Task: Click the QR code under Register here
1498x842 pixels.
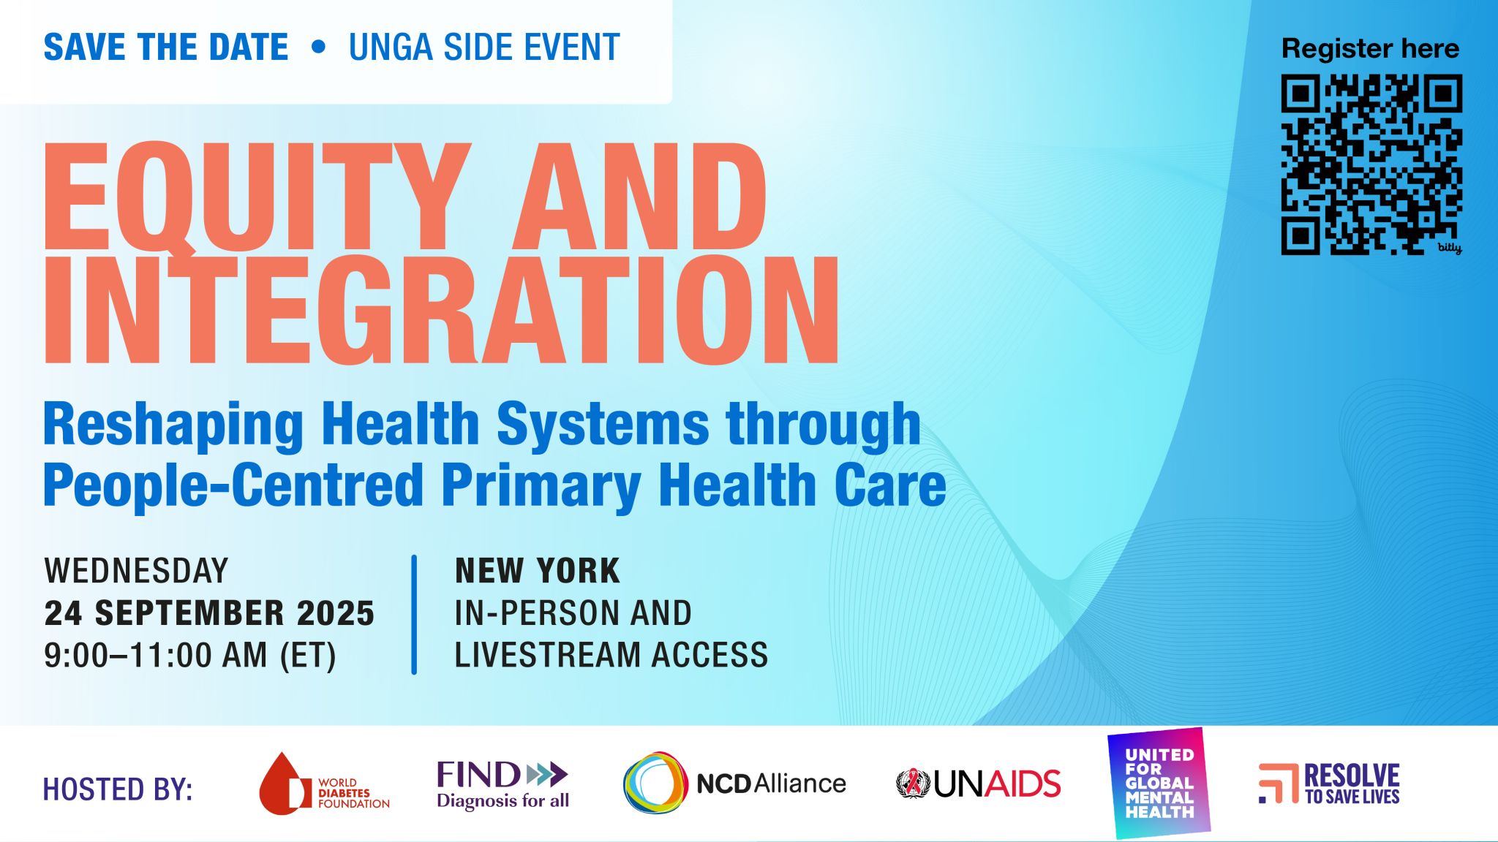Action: click(1371, 164)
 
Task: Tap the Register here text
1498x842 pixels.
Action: click(1370, 49)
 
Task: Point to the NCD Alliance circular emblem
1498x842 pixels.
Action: click(655, 784)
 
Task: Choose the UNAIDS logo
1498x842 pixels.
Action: click(979, 784)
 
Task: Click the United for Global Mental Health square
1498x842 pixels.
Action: click(1159, 783)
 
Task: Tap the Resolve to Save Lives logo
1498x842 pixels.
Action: click(1329, 784)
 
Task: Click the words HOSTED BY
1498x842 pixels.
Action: click(118, 789)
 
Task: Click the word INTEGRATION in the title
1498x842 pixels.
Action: click(442, 310)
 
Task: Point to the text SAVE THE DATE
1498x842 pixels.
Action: click(166, 48)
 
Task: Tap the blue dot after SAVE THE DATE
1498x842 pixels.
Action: click(318, 47)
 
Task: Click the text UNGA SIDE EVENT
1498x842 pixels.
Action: click(484, 48)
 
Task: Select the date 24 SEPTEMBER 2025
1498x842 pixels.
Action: click(209, 612)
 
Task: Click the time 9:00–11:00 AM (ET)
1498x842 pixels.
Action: click(190, 655)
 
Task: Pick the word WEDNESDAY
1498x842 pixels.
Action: click(136, 571)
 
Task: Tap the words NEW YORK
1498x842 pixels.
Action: click(538, 571)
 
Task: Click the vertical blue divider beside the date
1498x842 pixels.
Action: click(414, 615)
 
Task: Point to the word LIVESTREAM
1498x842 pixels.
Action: click(547, 655)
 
